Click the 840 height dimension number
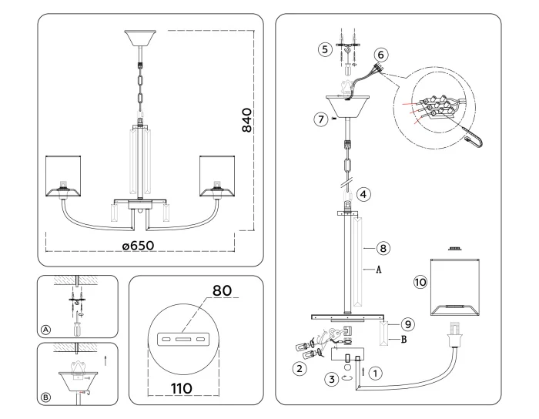pyautogui.click(x=248, y=120)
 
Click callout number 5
pyautogui.click(x=325, y=49)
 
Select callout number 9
pyautogui.click(x=409, y=324)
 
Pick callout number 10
pyautogui.click(x=420, y=283)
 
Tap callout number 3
pyautogui.click(x=331, y=378)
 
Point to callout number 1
pyautogui.click(x=376, y=372)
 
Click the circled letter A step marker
pyautogui.click(x=45, y=329)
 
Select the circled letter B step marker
pyautogui.click(x=45, y=397)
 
